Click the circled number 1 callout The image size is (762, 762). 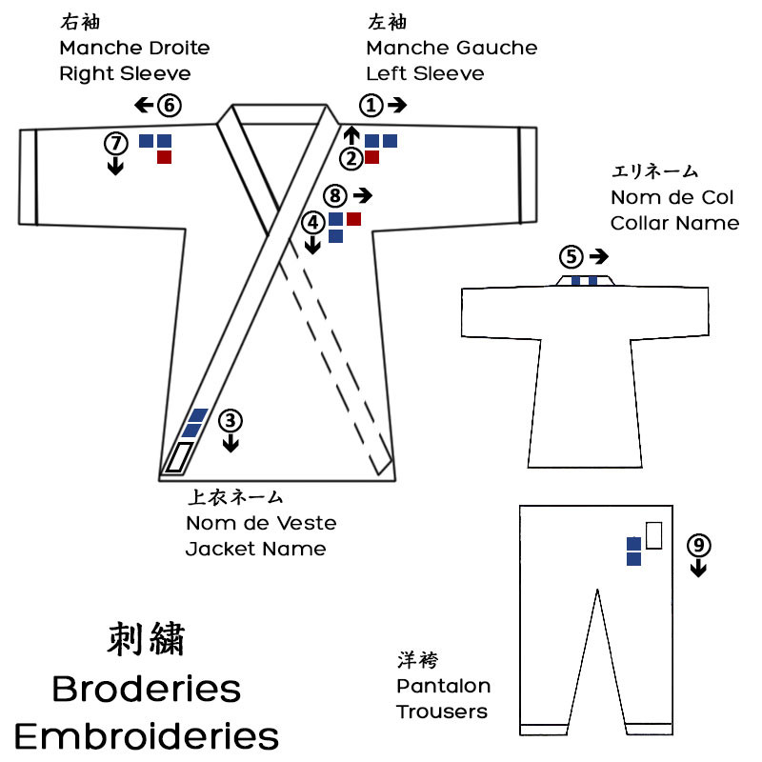tap(371, 105)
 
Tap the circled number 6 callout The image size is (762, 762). tap(169, 105)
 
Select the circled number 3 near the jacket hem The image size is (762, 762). tap(230, 419)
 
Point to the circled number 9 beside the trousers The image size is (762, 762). tap(698, 545)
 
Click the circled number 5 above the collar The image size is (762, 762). tap(570, 256)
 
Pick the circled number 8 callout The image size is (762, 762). tap(333, 195)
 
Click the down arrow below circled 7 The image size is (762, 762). tap(115, 166)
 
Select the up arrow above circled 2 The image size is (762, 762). tap(351, 134)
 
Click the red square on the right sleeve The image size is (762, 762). tap(164, 157)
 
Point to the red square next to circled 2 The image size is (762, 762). tap(372, 157)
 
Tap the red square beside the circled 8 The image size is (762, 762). tap(353, 219)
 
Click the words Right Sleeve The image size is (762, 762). tap(124, 73)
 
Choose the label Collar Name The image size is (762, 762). tap(674, 223)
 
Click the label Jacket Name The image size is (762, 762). tap(255, 549)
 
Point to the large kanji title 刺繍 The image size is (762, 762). tap(146, 639)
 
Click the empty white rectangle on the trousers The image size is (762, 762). tap(653, 535)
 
